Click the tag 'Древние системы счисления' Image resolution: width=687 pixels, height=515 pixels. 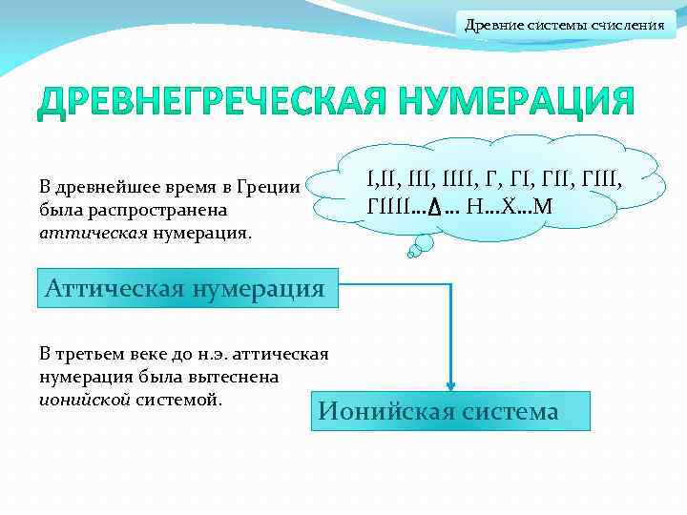565,24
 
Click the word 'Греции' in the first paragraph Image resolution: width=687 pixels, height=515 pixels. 276,186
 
